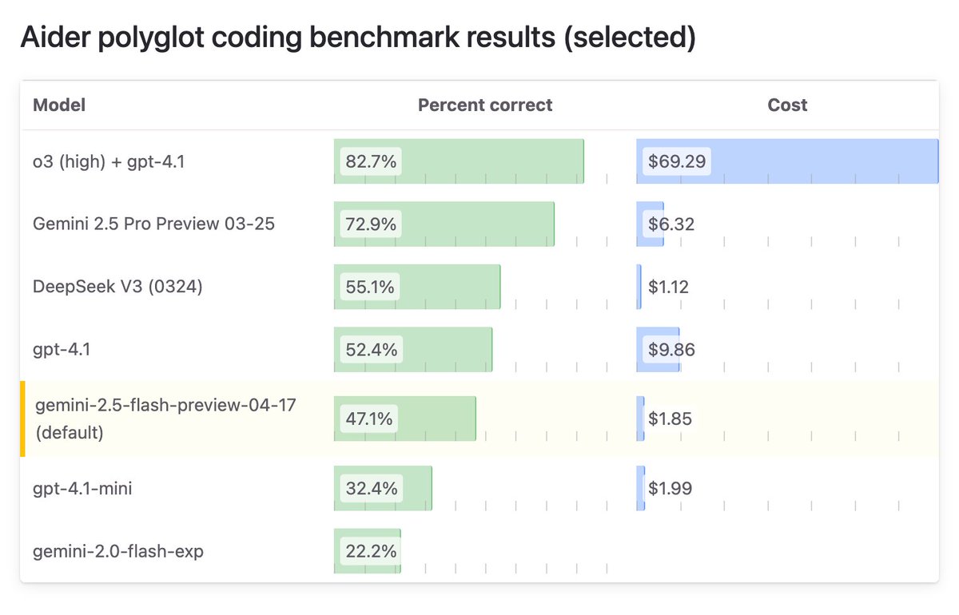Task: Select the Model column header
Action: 59,105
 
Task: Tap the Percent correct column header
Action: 485,105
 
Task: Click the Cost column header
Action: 787,105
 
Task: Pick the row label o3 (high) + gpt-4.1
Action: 109,161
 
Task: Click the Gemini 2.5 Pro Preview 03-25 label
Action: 153,224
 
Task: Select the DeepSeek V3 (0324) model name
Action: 117,286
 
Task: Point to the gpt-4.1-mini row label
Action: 82,488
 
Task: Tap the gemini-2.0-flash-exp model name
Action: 117,551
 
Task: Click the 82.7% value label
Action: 371,162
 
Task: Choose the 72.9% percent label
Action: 371,224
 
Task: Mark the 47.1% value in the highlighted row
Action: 370,419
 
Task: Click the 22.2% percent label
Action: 371,551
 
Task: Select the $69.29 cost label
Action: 677,162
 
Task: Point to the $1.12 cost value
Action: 668,287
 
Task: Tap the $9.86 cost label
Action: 671,350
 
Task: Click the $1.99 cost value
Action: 670,488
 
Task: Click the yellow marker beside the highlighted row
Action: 23,419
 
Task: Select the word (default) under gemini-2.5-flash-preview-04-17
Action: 70,433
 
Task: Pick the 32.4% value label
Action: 371,488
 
